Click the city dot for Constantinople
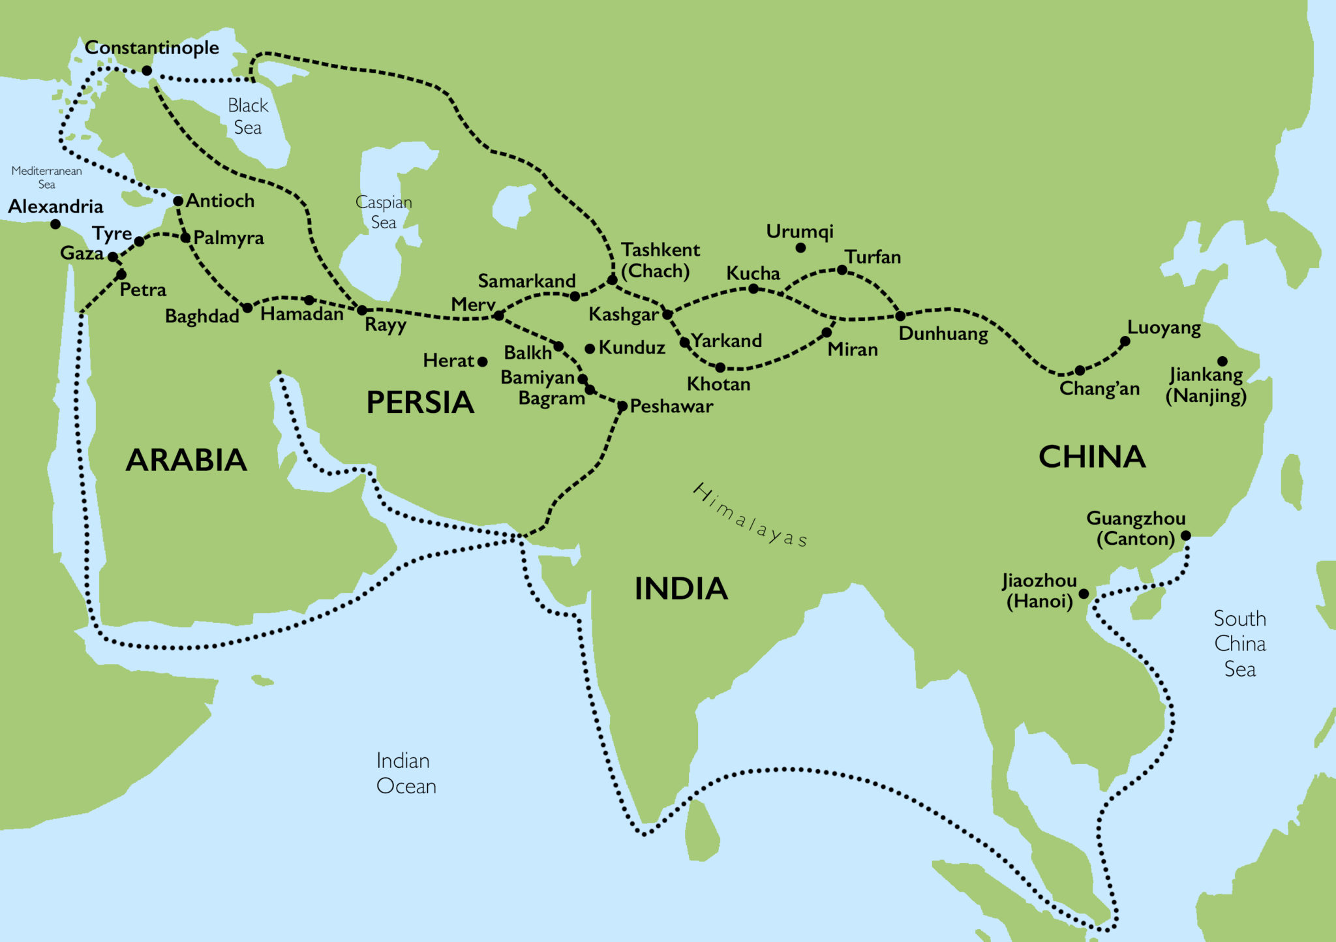pos(147,70)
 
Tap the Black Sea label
pos(248,116)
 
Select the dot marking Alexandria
pos(55,224)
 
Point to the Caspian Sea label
pos(384,212)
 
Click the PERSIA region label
pos(420,403)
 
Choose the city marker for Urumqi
pos(800,248)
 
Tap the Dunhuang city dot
pos(900,316)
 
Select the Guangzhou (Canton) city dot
pos(1186,536)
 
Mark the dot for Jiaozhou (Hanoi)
pos(1084,594)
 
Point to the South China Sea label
pos(1239,643)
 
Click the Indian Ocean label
pos(406,773)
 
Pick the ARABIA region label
pos(186,460)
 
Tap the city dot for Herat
pos(483,361)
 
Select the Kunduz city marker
pos(590,349)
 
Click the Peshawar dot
pos(622,406)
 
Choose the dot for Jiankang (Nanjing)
pos(1222,361)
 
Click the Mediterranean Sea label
pos(46,177)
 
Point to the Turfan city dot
pos(842,270)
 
